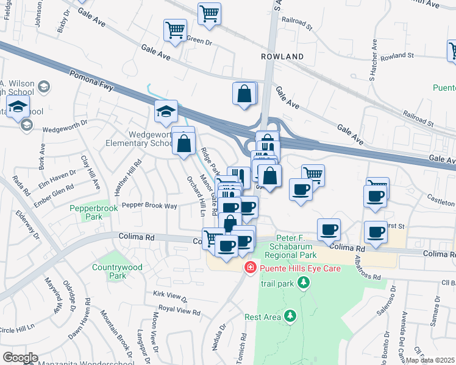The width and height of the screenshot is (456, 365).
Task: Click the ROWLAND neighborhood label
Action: coord(282,57)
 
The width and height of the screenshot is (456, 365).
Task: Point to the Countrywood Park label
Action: coord(117,271)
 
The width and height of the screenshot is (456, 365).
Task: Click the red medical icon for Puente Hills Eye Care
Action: coord(249,268)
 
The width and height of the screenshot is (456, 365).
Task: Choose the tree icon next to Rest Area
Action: coord(290,316)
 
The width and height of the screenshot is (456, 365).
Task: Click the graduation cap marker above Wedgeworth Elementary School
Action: coord(166,112)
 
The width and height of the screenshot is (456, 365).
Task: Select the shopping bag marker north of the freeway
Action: coord(244,94)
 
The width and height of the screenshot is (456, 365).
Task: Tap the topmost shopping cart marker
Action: coord(209,13)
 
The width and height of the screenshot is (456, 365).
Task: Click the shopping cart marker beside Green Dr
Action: coord(176,30)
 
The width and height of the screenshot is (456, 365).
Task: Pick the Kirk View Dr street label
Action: coord(171,296)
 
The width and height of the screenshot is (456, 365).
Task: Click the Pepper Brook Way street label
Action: coord(149,206)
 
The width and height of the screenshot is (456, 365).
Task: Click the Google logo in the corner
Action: coord(20,357)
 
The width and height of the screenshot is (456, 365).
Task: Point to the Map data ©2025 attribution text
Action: coord(430,360)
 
